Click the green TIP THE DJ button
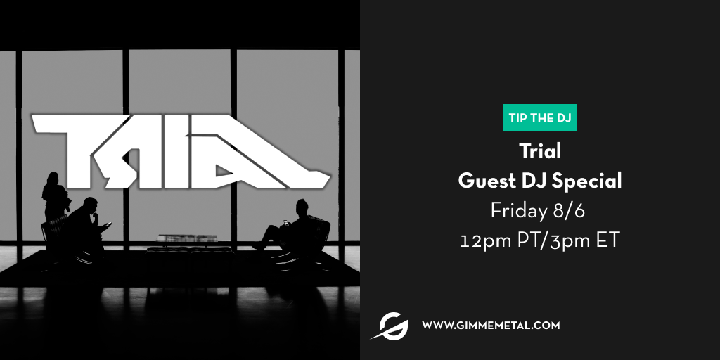(x=539, y=117)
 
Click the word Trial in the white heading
(x=540, y=150)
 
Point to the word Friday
(x=519, y=211)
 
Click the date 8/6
(x=569, y=211)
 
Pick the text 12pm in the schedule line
(x=486, y=240)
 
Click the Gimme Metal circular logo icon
(x=390, y=326)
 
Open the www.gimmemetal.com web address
(x=491, y=326)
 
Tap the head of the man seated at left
(x=90, y=205)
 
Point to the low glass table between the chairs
(x=187, y=238)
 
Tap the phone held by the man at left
(x=109, y=224)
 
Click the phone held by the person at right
(x=285, y=223)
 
